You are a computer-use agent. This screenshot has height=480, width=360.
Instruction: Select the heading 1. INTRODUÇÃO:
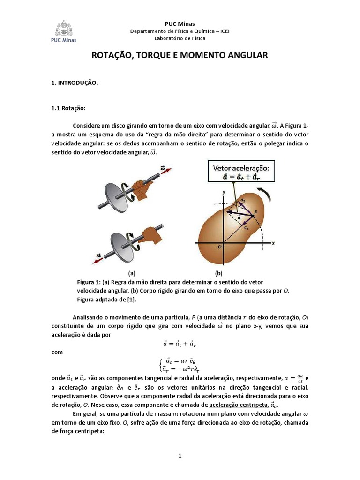[x=75, y=82]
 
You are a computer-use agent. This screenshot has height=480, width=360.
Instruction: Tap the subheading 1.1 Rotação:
[x=68, y=108]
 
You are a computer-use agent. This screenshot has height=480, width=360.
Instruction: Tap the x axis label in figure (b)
[x=272, y=243]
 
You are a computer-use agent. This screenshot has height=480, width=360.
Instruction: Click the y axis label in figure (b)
[x=224, y=192]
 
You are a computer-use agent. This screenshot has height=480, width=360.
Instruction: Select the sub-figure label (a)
[x=132, y=272]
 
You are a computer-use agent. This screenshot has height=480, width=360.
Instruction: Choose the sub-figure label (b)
[x=218, y=272]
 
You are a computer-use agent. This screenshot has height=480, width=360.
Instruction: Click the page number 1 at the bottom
[x=180, y=455]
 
